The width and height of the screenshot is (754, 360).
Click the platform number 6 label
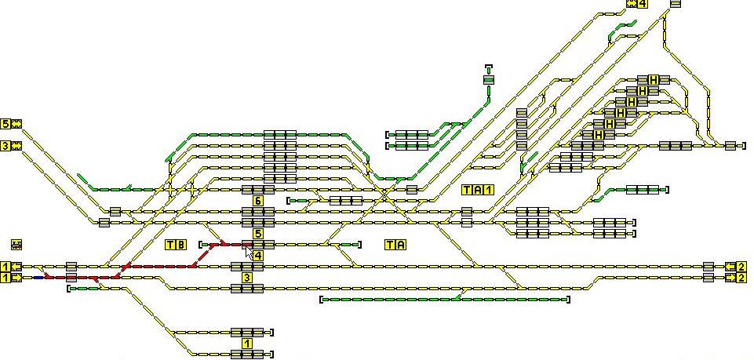258,202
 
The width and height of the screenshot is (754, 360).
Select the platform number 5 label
258,234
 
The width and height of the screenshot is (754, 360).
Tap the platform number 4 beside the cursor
258,256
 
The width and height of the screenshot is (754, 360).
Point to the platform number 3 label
247,278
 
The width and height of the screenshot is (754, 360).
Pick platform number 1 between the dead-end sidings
247,344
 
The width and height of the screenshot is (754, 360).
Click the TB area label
176,245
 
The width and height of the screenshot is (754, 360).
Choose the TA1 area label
478,190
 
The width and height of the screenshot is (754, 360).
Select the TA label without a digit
395,245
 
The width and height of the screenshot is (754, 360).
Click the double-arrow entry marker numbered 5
12,124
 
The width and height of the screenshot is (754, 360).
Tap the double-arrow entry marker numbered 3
12,146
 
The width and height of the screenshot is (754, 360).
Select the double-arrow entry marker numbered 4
637,4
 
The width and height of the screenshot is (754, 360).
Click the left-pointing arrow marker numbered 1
11,267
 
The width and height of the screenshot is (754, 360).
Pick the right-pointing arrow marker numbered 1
11,278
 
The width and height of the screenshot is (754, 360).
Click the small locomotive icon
16,245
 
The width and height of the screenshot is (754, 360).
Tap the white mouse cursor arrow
250,251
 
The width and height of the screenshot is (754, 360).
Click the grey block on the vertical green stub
489,79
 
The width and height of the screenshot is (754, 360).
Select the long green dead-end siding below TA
444,299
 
